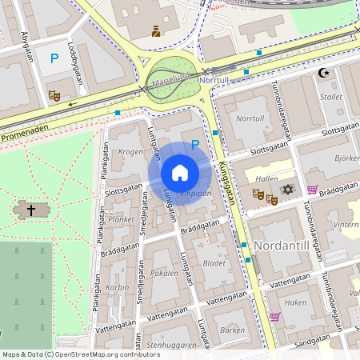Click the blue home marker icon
point(180,173)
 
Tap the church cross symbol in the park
point(31,210)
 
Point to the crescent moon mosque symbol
point(324,73)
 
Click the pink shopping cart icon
point(275,317)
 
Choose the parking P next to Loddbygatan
point(55,58)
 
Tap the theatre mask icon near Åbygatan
point(54,95)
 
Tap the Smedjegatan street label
point(142,230)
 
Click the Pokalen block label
point(164,273)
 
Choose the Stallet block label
point(331,97)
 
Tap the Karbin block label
point(118,286)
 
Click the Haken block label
point(296,302)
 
